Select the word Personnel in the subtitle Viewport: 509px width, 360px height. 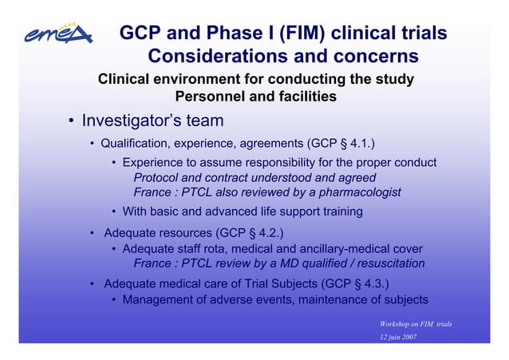click(206, 97)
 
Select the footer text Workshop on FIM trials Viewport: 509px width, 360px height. click(416, 323)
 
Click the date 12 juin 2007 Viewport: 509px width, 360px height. click(399, 338)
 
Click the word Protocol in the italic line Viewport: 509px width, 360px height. click(156, 177)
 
